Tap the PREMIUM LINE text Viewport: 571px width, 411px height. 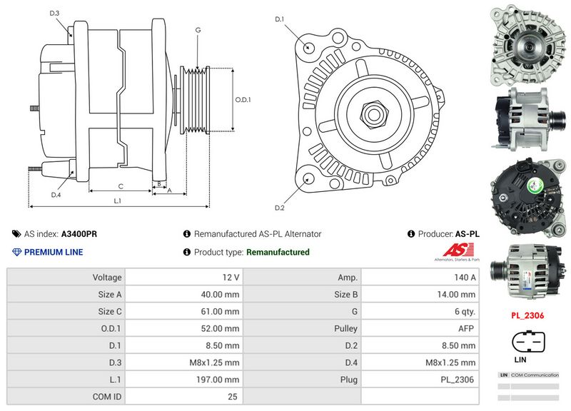54,252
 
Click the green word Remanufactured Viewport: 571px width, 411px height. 278,252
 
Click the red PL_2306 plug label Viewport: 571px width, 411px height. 527,314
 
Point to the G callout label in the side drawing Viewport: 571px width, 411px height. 197,30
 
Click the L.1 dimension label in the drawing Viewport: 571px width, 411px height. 118,201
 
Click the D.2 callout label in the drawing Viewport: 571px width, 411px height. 280,208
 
